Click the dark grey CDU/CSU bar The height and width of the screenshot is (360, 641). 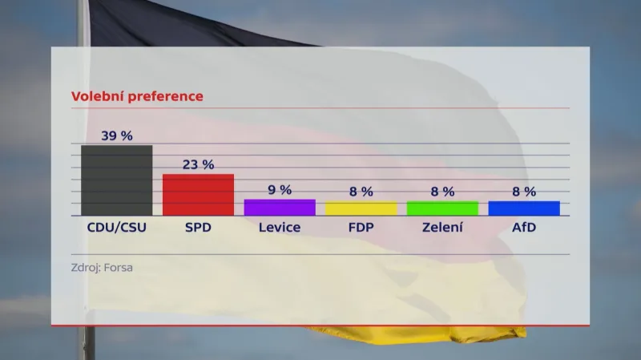[116, 180]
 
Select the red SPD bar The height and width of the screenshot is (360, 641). [198, 195]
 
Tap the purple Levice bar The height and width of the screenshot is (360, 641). [280, 208]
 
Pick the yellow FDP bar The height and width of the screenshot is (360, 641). [361, 208]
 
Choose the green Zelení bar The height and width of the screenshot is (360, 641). [442, 208]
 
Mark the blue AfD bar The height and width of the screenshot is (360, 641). [524, 208]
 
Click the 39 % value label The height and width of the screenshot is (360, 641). [117, 136]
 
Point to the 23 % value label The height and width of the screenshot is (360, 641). [198, 164]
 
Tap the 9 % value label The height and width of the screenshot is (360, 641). [280, 190]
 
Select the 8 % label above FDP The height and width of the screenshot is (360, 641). [361, 192]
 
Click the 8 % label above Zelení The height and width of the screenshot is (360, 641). [442, 192]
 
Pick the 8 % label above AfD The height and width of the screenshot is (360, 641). [524, 192]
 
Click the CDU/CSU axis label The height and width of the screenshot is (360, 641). [117, 228]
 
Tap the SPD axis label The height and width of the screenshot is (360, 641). [198, 228]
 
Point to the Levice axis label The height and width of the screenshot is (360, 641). [280, 228]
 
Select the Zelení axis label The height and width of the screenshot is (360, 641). [442, 228]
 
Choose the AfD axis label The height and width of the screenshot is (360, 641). [524, 228]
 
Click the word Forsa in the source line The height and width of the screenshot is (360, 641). [116, 267]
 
